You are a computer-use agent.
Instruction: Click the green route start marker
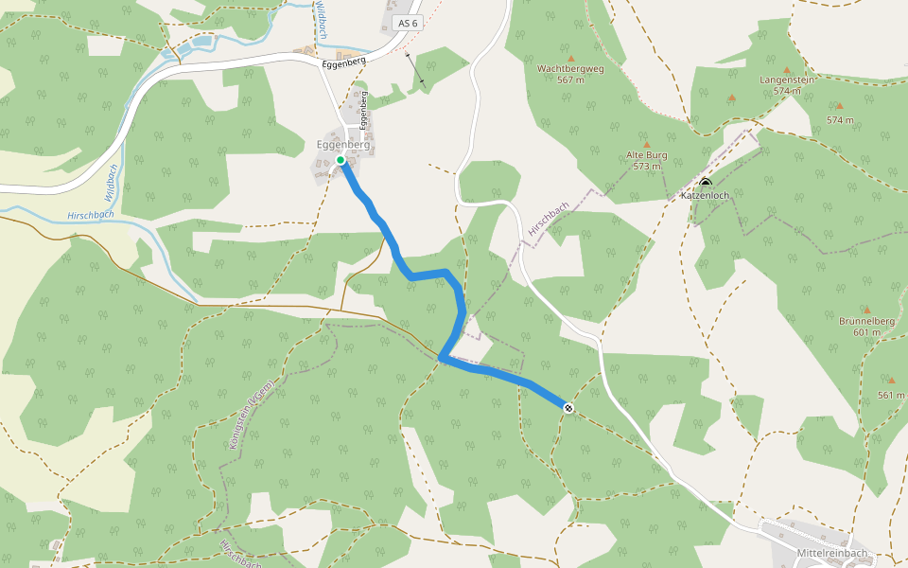pyautogui.click(x=340, y=160)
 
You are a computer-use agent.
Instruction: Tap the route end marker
pyautogui.click(x=568, y=408)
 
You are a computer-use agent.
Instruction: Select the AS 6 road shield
pyautogui.click(x=408, y=23)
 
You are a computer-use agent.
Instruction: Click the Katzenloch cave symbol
pyautogui.click(x=706, y=183)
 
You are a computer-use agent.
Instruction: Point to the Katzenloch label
pyautogui.click(x=706, y=196)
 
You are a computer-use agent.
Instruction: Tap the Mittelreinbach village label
pyautogui.click(x=832, y=552)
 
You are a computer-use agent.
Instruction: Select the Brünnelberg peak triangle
pyautogui.click(x=866, y=310)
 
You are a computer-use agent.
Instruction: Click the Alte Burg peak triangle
pyautogui.click(x=647, y=144)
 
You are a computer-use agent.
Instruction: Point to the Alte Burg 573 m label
pyautogui.click(x=647, y=160)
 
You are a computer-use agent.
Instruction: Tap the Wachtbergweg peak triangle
pyautogui.click(x=569, y=57)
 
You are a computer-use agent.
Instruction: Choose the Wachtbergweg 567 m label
pyautogui.click(x=569, y=74)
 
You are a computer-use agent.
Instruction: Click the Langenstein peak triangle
pyautogui.click(x=787, y=69)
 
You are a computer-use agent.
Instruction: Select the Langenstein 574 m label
pyautogui.click(x=787, y=85)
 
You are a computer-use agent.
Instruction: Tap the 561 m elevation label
pyautogui.click(x=891, y=395)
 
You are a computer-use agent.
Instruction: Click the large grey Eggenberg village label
pyautogui.click(x=343, y=145)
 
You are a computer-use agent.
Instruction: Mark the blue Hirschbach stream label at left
pyautogui.click(x=91, y=215)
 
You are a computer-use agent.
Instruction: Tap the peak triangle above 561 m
pyautogui.click(x=891, y=381)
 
